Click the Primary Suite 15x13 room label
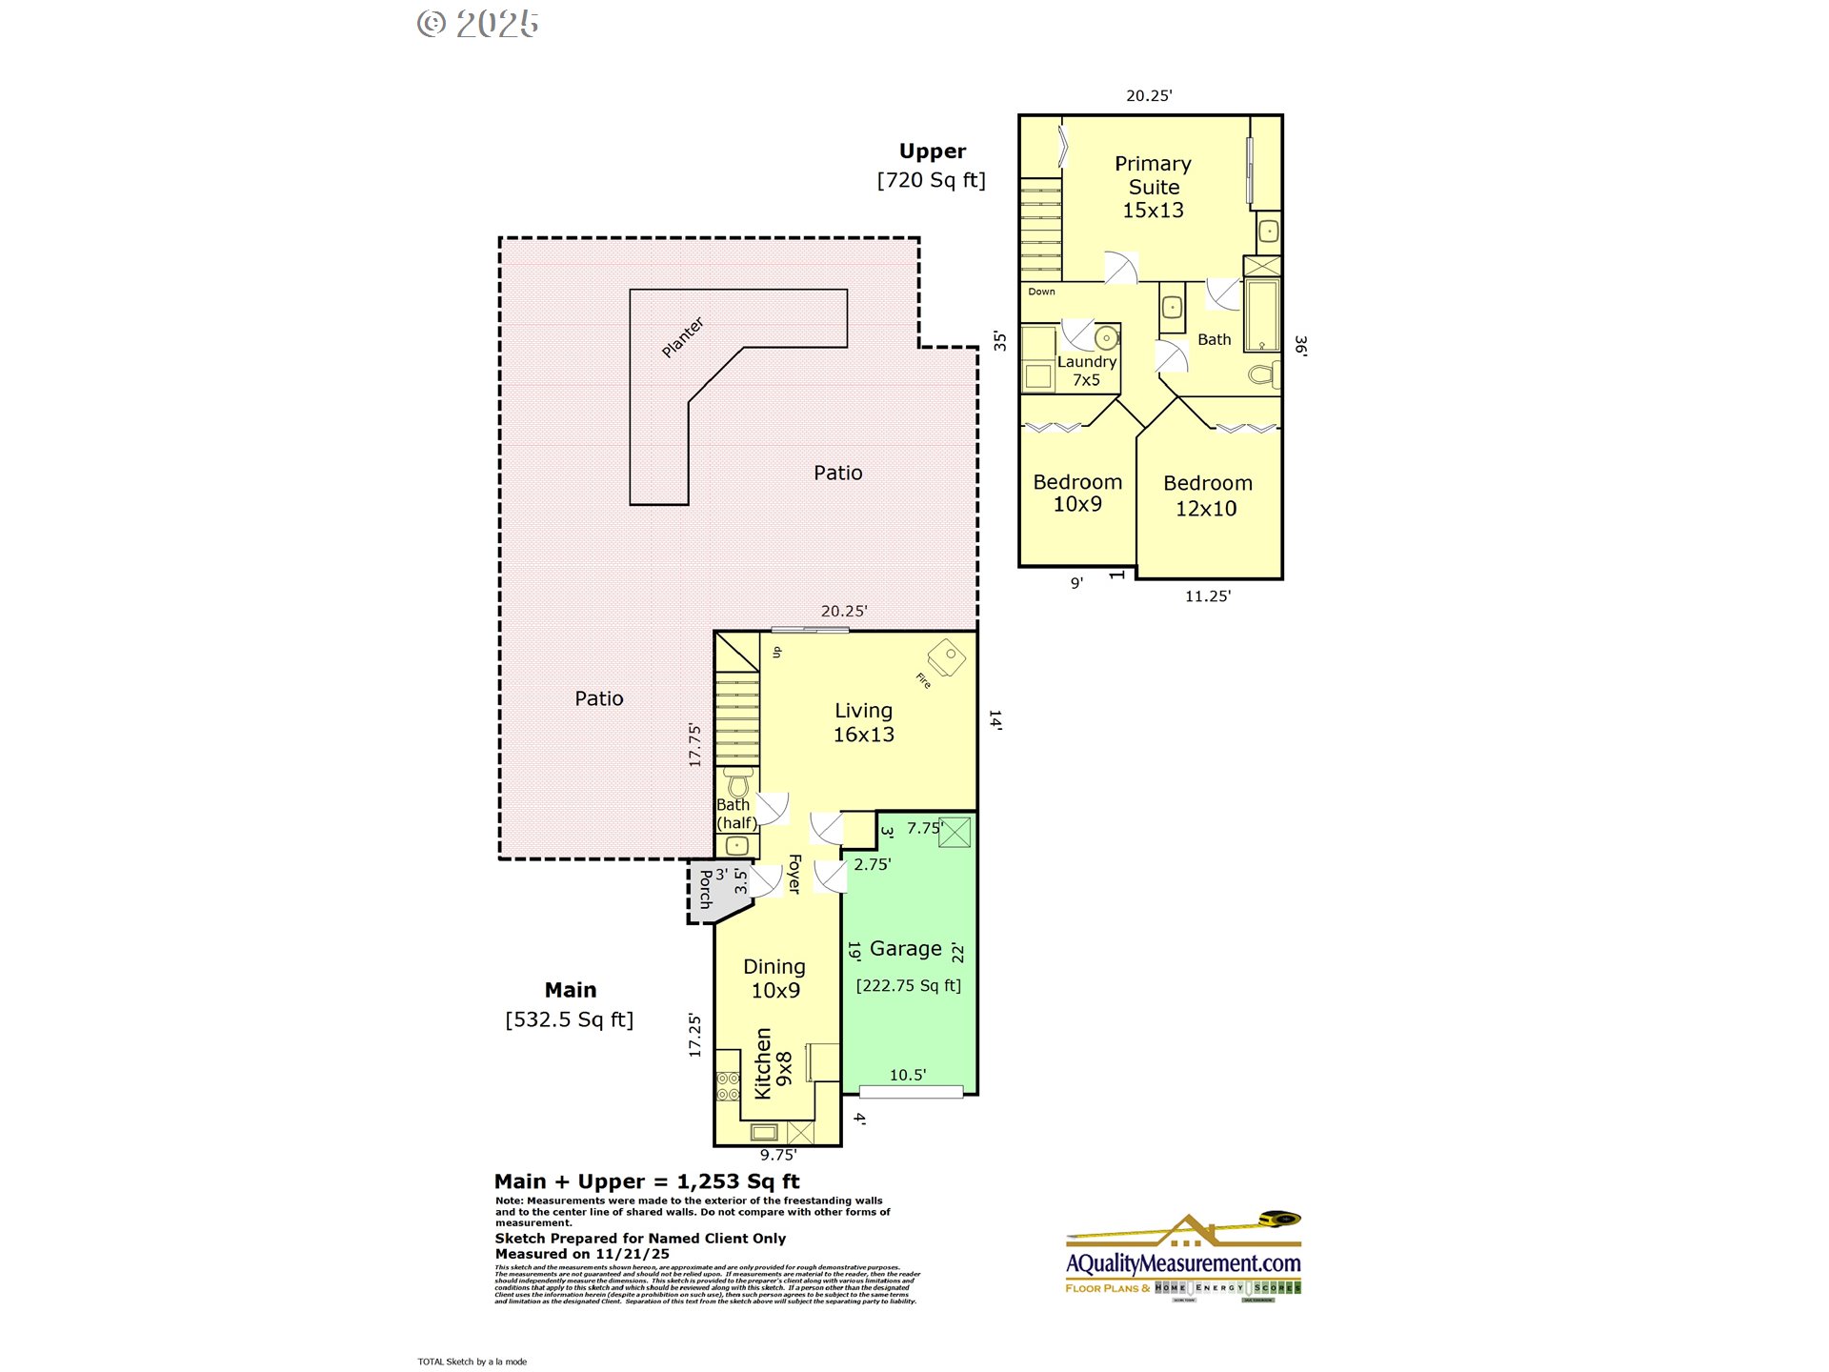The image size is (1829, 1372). [x=1153, y=187]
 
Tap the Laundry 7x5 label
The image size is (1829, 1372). [x=1086, y=371]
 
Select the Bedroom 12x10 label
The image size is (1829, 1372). [x=1207, y=495]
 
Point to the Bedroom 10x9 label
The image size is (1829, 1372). [x=1077, y=493]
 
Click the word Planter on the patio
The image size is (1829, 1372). [x=682, y=337]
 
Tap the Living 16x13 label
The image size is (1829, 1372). [x=864, y=722]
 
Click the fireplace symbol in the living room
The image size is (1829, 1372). [x=946, y=656]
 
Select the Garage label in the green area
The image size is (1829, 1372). [x=905, y=949]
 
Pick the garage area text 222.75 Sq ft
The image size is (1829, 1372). [x=908, y=985]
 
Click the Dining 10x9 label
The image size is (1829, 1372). [x=774, y=979]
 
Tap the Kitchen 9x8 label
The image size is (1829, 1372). [x=773, y=1063]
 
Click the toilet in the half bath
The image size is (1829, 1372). [x=738, y=782]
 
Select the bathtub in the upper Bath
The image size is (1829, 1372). [x=1262, y=315]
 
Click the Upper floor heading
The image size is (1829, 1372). [x=932, y=151]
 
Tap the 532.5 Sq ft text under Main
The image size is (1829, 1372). [x=569, y=1019]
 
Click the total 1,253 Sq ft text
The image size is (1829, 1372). [x=737, y=1181]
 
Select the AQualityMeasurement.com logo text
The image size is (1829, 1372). [x=1183, y=1263]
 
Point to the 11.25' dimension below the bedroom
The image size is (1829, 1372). [x=1207, y=596]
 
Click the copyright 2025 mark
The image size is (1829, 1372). [x=478, y=24]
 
